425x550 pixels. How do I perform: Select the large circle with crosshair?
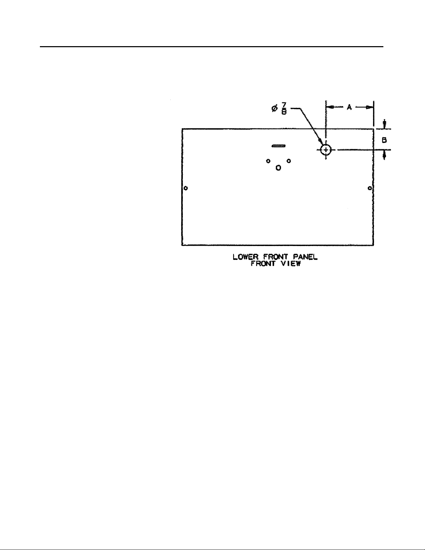tap(326, 150)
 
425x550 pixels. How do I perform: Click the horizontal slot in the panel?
tap(278, 146)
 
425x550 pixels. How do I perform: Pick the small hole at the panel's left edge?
tap(186, 188)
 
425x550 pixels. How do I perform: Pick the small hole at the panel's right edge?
tap(370, 188)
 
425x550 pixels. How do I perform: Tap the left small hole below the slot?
tap(268, 161)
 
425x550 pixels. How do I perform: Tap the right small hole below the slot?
tap(289, 161)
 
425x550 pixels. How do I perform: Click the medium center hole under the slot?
tap(278, 168)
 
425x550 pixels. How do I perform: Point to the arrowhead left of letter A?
tap(330, 108)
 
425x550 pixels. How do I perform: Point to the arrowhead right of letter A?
tap(369, 108)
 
